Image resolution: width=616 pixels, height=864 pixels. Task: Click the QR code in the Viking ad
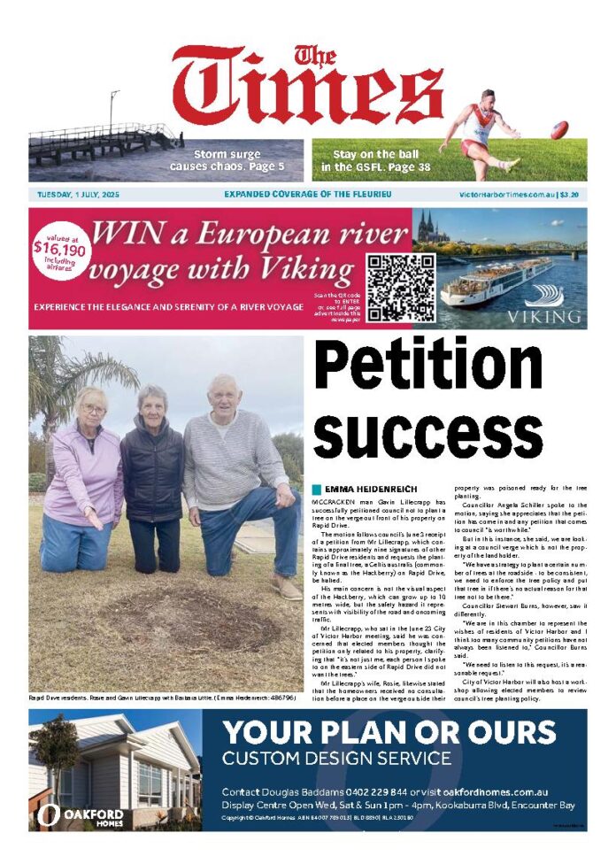click(401, 288)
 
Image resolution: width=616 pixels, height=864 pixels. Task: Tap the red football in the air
click(559, 130)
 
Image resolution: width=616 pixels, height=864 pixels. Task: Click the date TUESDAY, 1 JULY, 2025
click(80, 194)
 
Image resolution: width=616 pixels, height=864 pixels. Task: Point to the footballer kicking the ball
click(481, 131)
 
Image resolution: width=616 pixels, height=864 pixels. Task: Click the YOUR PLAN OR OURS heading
click(389, 733)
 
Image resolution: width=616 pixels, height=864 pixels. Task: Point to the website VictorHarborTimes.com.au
click(506, 194)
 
